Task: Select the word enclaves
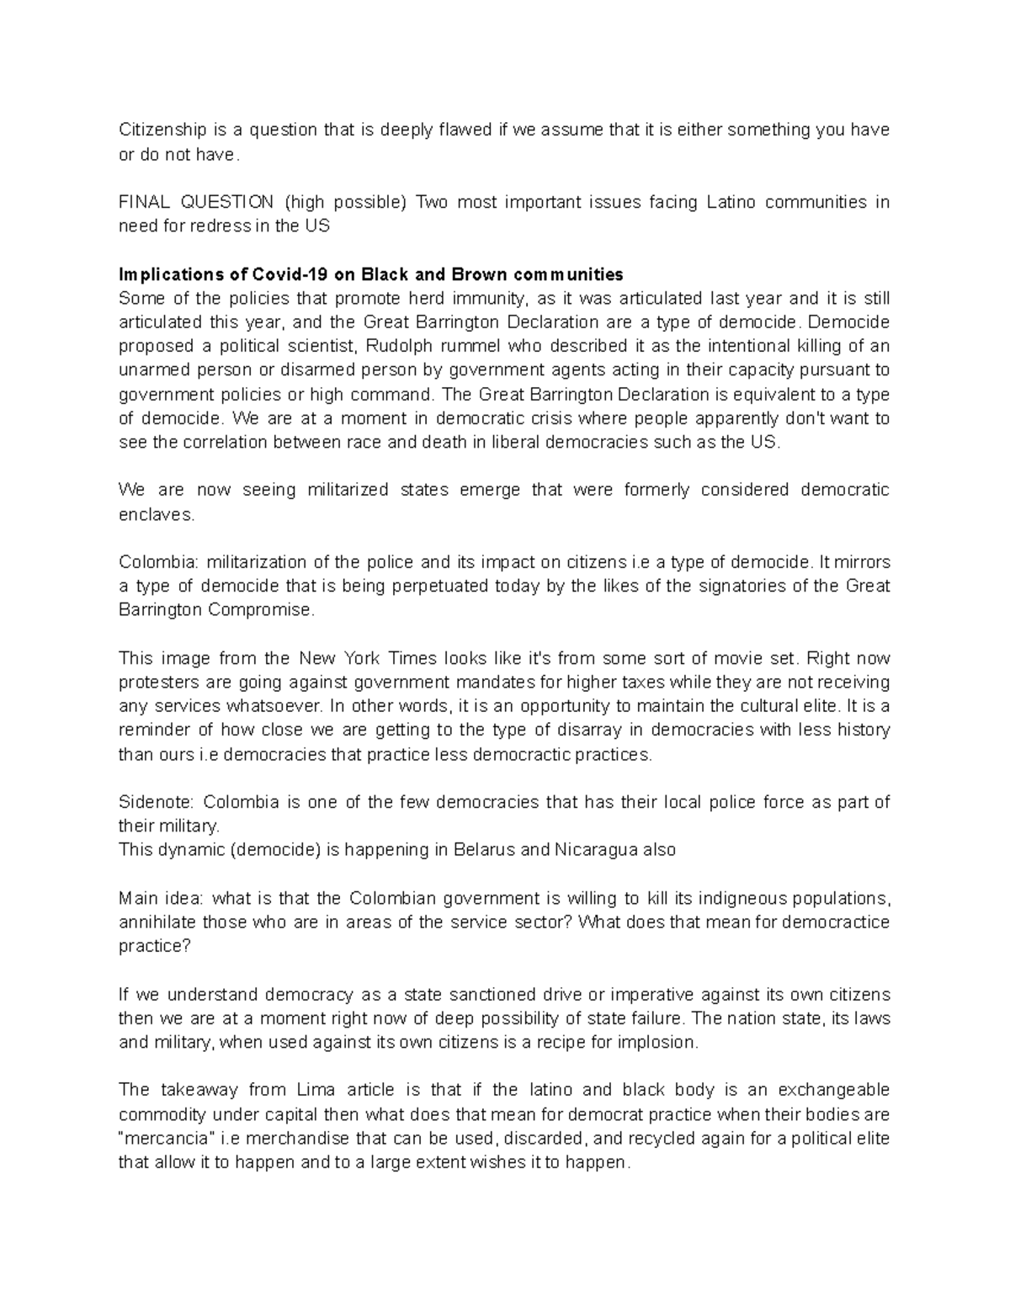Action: tap(157, 514)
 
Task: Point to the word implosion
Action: tap(660, 1042)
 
